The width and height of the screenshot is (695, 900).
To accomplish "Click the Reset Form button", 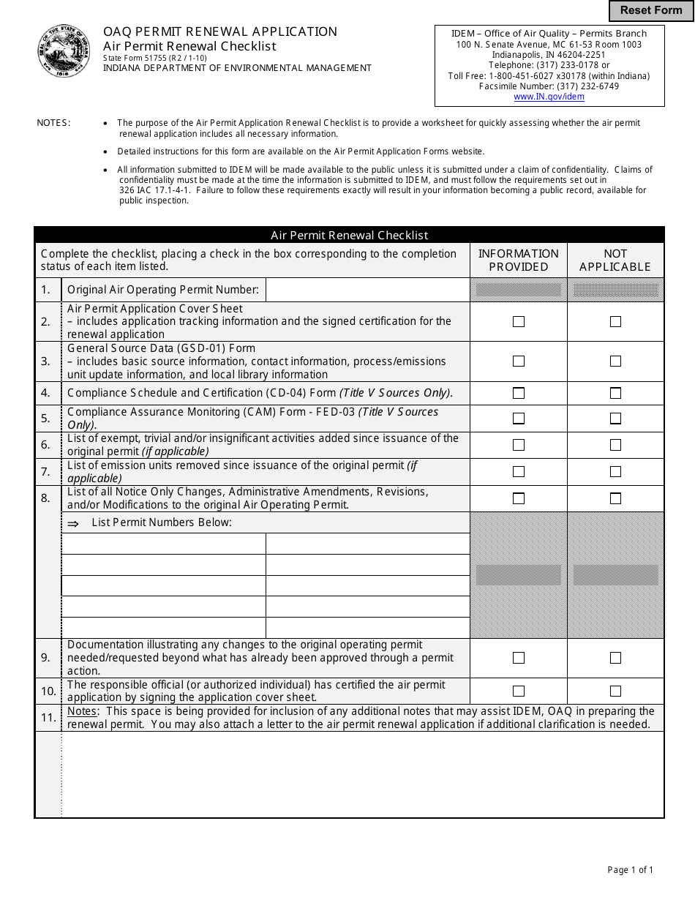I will click(x=651, y=10).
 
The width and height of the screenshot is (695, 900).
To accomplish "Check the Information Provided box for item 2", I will click(x=519, y=321).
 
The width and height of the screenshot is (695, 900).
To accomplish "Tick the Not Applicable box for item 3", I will click(x=615, y=361).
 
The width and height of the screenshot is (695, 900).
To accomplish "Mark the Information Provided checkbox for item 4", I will click(x=519, y=393).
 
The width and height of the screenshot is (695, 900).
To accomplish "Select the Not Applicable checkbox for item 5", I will click(x=615, y=419).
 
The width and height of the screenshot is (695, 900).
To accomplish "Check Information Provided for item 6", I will click(x=519, y=445).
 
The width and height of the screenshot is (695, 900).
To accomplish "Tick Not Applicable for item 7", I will click(x=615, y=471).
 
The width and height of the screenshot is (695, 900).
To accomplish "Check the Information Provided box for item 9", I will click(x=519, y=658).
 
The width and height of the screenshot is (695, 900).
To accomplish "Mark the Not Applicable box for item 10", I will click(x=615, y=691).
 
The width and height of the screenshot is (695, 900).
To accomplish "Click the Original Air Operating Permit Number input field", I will click(x=367, y=290).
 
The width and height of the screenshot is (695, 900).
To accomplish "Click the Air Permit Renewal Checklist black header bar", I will click(x=349, y=235).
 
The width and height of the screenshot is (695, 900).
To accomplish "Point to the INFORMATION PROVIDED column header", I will click(x=518, y=260).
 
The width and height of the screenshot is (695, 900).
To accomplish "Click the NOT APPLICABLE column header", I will click(x=615, y=260).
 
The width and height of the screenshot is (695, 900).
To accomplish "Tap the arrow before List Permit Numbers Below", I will click(x=73, y=523).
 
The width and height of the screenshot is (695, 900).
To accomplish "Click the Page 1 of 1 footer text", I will click(x=630, y=870).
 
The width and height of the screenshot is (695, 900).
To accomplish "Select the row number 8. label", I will click(x=46, y=498).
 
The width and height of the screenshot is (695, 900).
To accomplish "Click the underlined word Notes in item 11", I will click(x=81, y=711).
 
